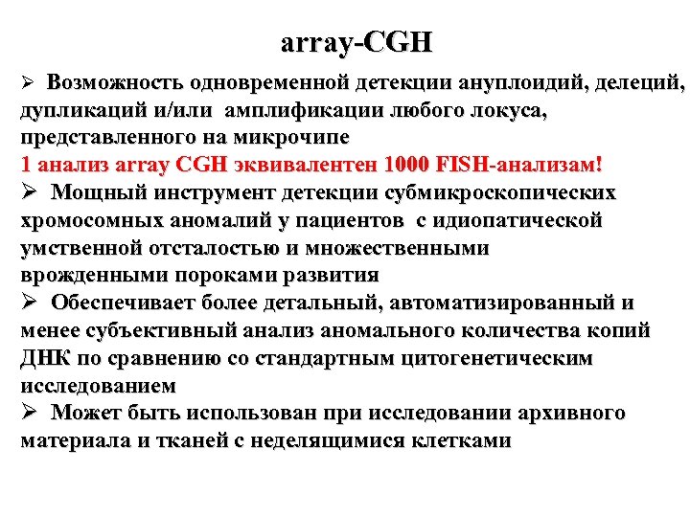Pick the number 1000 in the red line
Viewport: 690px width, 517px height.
click(x=404, y=165)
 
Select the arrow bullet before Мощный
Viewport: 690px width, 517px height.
click(x=28, y=192)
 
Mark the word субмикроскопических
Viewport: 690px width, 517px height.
click(x=500, y=192)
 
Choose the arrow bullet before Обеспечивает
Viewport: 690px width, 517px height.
click(x=28, y=303)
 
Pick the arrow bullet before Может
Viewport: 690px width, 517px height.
click(x=28, y=414)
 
